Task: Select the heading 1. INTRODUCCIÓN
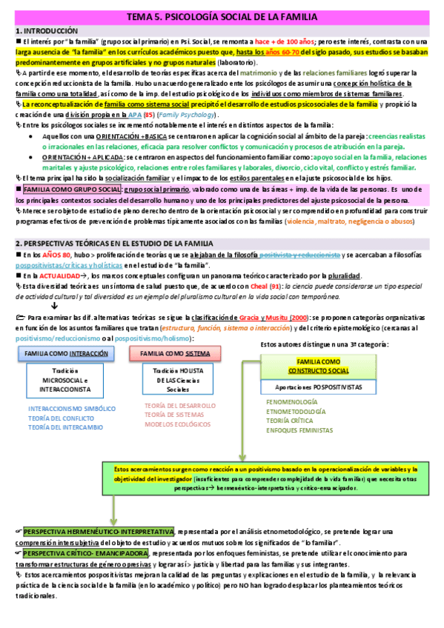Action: coord(47,32)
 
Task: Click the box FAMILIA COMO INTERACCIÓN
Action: coord(62,354)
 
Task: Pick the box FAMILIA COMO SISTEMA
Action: coord(169,354)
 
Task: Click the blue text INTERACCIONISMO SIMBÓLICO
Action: coord(72,408)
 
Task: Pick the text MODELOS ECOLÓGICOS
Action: coord(177,425)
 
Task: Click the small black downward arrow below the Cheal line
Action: coord(54,306)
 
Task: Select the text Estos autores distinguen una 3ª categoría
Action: coord(325,344)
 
